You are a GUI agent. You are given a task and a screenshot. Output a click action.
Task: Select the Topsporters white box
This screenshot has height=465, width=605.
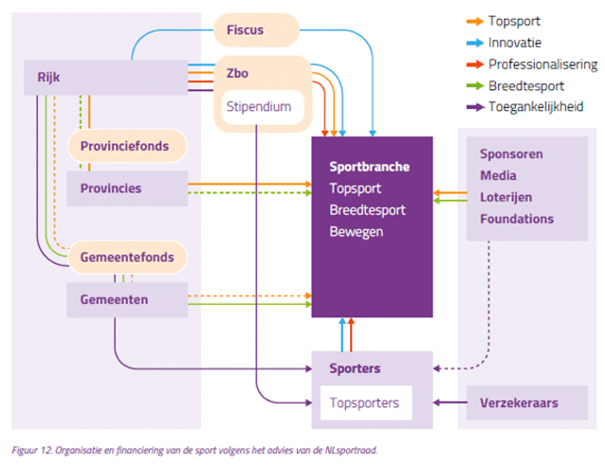[x=365, y=403]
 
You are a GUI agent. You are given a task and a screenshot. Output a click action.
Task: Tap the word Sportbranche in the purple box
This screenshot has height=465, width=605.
[x=369, y=167]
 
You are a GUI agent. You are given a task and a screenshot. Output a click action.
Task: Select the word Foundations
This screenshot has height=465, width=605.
[x=517, y=219]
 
